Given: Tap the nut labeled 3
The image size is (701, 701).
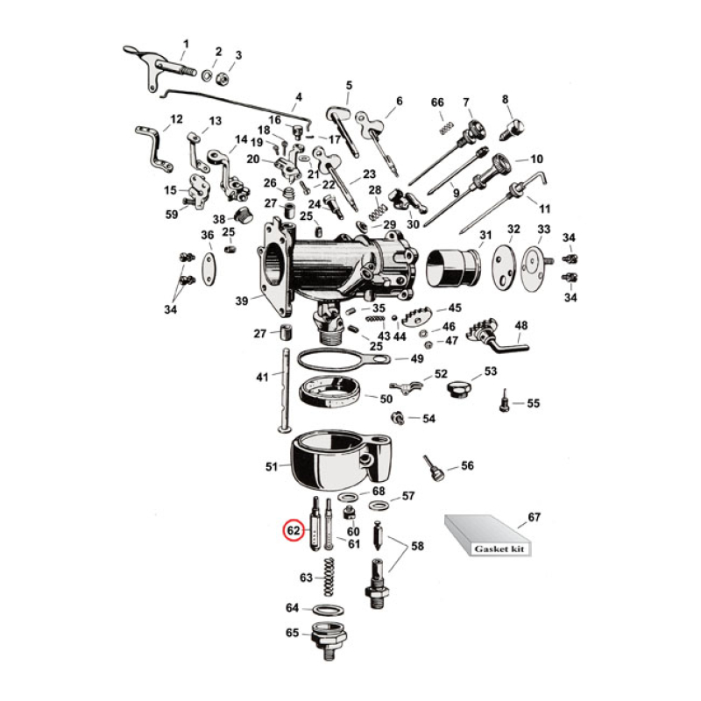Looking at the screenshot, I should click(223, 77).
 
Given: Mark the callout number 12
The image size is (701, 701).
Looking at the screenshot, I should click(176, 119).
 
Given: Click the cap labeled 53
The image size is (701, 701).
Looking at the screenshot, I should click(457, 386).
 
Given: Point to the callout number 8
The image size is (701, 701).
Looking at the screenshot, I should click(506, 100).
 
